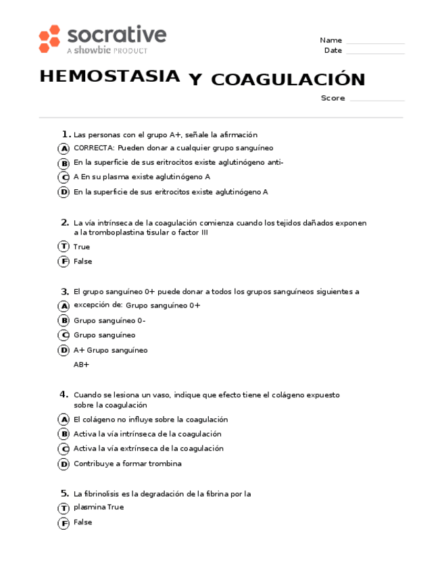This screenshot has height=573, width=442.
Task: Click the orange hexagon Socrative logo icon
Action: (49, 39)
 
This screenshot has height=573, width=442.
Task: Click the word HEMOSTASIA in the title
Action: (109, 76)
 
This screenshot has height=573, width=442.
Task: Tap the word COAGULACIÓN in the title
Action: (288, 80)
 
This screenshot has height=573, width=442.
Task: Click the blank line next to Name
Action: (375, 41)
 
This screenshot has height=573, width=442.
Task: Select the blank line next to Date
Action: (375, 51)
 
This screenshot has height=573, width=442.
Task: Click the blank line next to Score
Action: (377, 99)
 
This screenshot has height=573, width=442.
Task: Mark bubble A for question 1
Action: (64, 149)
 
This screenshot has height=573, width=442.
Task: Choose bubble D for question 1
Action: (64, 193)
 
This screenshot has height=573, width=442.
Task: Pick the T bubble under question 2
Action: (64, 247)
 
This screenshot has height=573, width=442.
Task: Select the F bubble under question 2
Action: (64, 262)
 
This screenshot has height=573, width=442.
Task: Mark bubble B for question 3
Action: (64, 321)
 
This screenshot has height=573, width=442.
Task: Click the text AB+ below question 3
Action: (81, 365)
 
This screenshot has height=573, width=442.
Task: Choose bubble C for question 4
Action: (64, 449)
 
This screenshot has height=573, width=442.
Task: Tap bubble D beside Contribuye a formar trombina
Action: (64, 464)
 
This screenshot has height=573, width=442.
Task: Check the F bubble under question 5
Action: (64, 523)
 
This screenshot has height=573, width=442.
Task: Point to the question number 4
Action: (64, 394)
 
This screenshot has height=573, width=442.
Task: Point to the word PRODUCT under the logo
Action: (130, 51)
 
